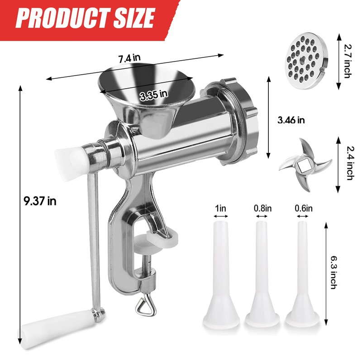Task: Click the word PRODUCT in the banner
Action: (x=63, y=18)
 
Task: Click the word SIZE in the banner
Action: (x=134, y=18)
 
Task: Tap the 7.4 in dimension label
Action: (x=129, y=58)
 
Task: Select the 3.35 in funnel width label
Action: (x=153, y=95)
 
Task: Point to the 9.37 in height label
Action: (x=40, y=201)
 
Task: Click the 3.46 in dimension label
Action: (x=291, y=120)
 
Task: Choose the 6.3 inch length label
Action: (x=333, y=272)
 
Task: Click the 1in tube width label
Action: (x=220, y=208)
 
